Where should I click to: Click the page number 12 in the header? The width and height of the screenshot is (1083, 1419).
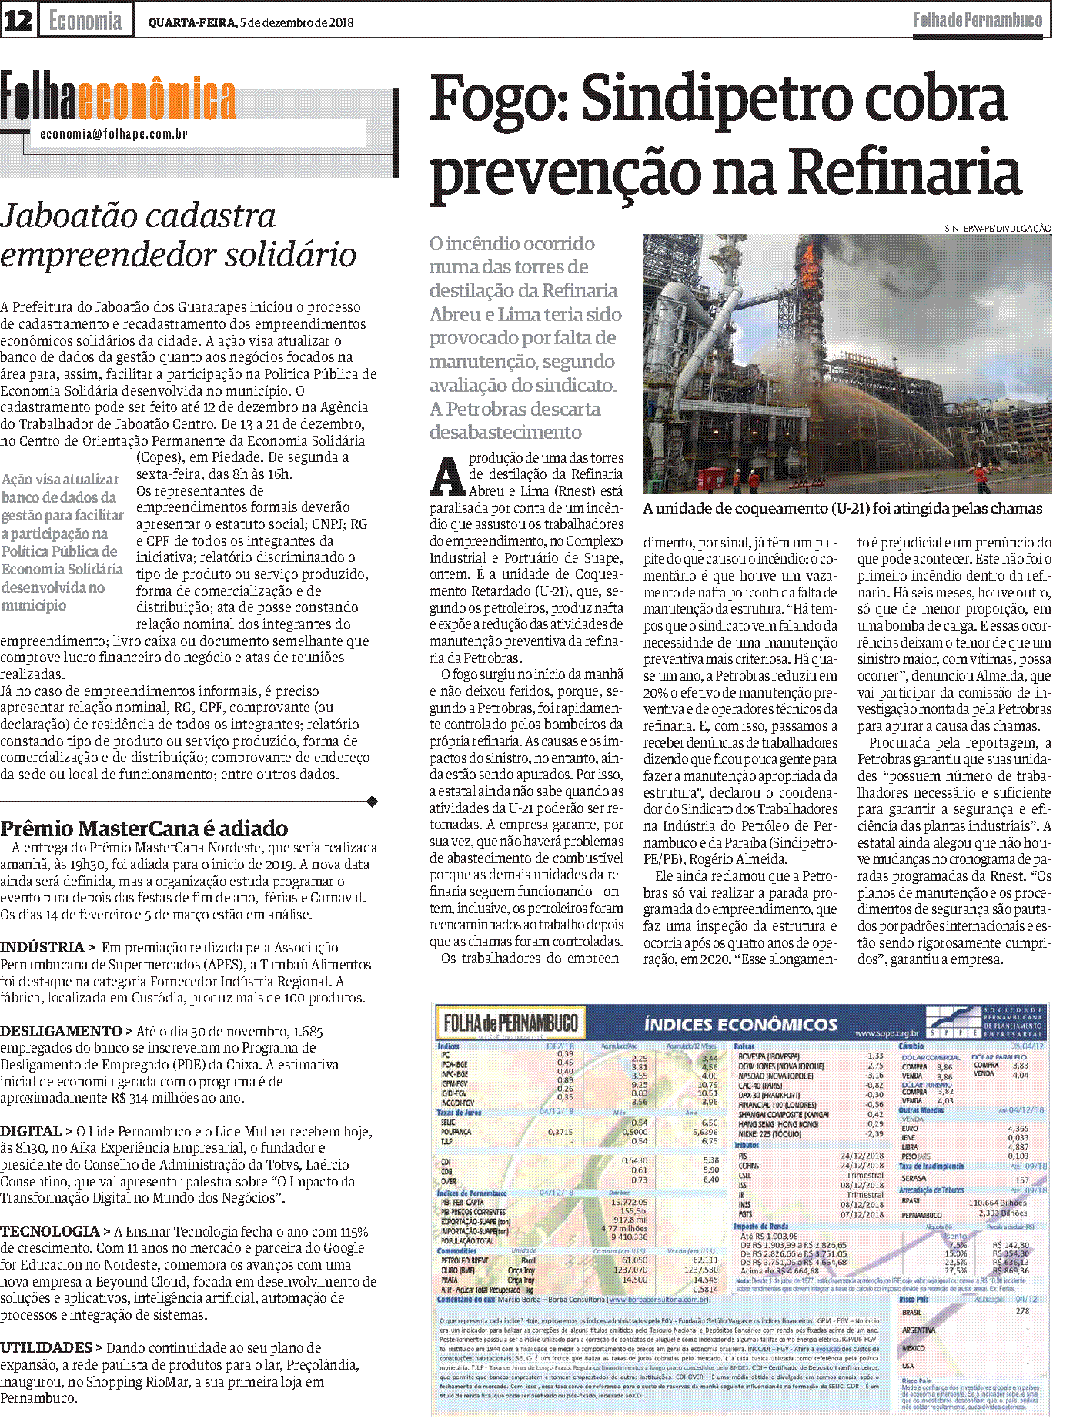point(18,21)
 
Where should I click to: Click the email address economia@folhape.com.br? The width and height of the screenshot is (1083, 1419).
point(114,134)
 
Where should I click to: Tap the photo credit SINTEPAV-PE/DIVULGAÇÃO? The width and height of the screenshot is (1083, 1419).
point(998,228)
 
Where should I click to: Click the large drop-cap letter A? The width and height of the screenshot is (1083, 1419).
point(446,477)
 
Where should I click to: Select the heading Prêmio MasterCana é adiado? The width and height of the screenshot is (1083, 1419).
point(144,828)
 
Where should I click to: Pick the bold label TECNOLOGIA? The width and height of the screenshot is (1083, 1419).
point(50,1232)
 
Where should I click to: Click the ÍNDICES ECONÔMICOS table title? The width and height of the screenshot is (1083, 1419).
point(740,1025)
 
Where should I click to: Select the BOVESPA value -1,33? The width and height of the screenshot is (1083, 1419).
point(874,1056)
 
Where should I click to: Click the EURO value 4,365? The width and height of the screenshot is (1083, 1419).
point(1018,1129)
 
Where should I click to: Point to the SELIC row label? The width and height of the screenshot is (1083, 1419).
point(447,1123)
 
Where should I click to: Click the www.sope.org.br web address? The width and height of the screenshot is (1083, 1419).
point(887,1033)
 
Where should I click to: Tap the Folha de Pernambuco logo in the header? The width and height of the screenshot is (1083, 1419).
point(977,20)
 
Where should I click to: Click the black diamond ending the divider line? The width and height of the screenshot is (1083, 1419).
point(373,802)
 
